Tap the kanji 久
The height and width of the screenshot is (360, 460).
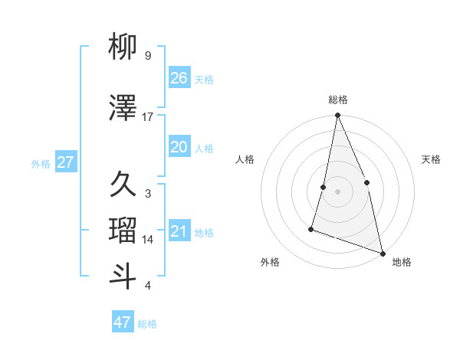(x=123, y=185)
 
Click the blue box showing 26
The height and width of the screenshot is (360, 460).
(x=179, y=78)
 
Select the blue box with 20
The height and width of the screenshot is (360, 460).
(x=179, y=147)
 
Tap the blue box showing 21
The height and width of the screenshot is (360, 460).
(x=179, y=232)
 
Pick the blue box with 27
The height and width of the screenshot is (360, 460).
(x=65, y=162)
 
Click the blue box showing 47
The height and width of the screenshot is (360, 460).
(x=123, y=322)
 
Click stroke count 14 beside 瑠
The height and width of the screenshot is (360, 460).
(x=148, y=240)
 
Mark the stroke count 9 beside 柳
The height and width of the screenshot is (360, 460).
(x=147, y=56)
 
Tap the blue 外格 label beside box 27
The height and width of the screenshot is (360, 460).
(x=41, y=163)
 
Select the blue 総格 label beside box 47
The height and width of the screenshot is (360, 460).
(x=147, y=323)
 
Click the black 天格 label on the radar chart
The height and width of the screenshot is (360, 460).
(x=432, y=159)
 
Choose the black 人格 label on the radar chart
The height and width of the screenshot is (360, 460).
(x=245, y=159)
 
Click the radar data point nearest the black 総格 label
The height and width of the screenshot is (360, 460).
(x=337, y=116)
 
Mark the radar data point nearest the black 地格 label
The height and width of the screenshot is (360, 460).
(x=382, y=253)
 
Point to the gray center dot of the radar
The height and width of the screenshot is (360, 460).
(x=337, y=191)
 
